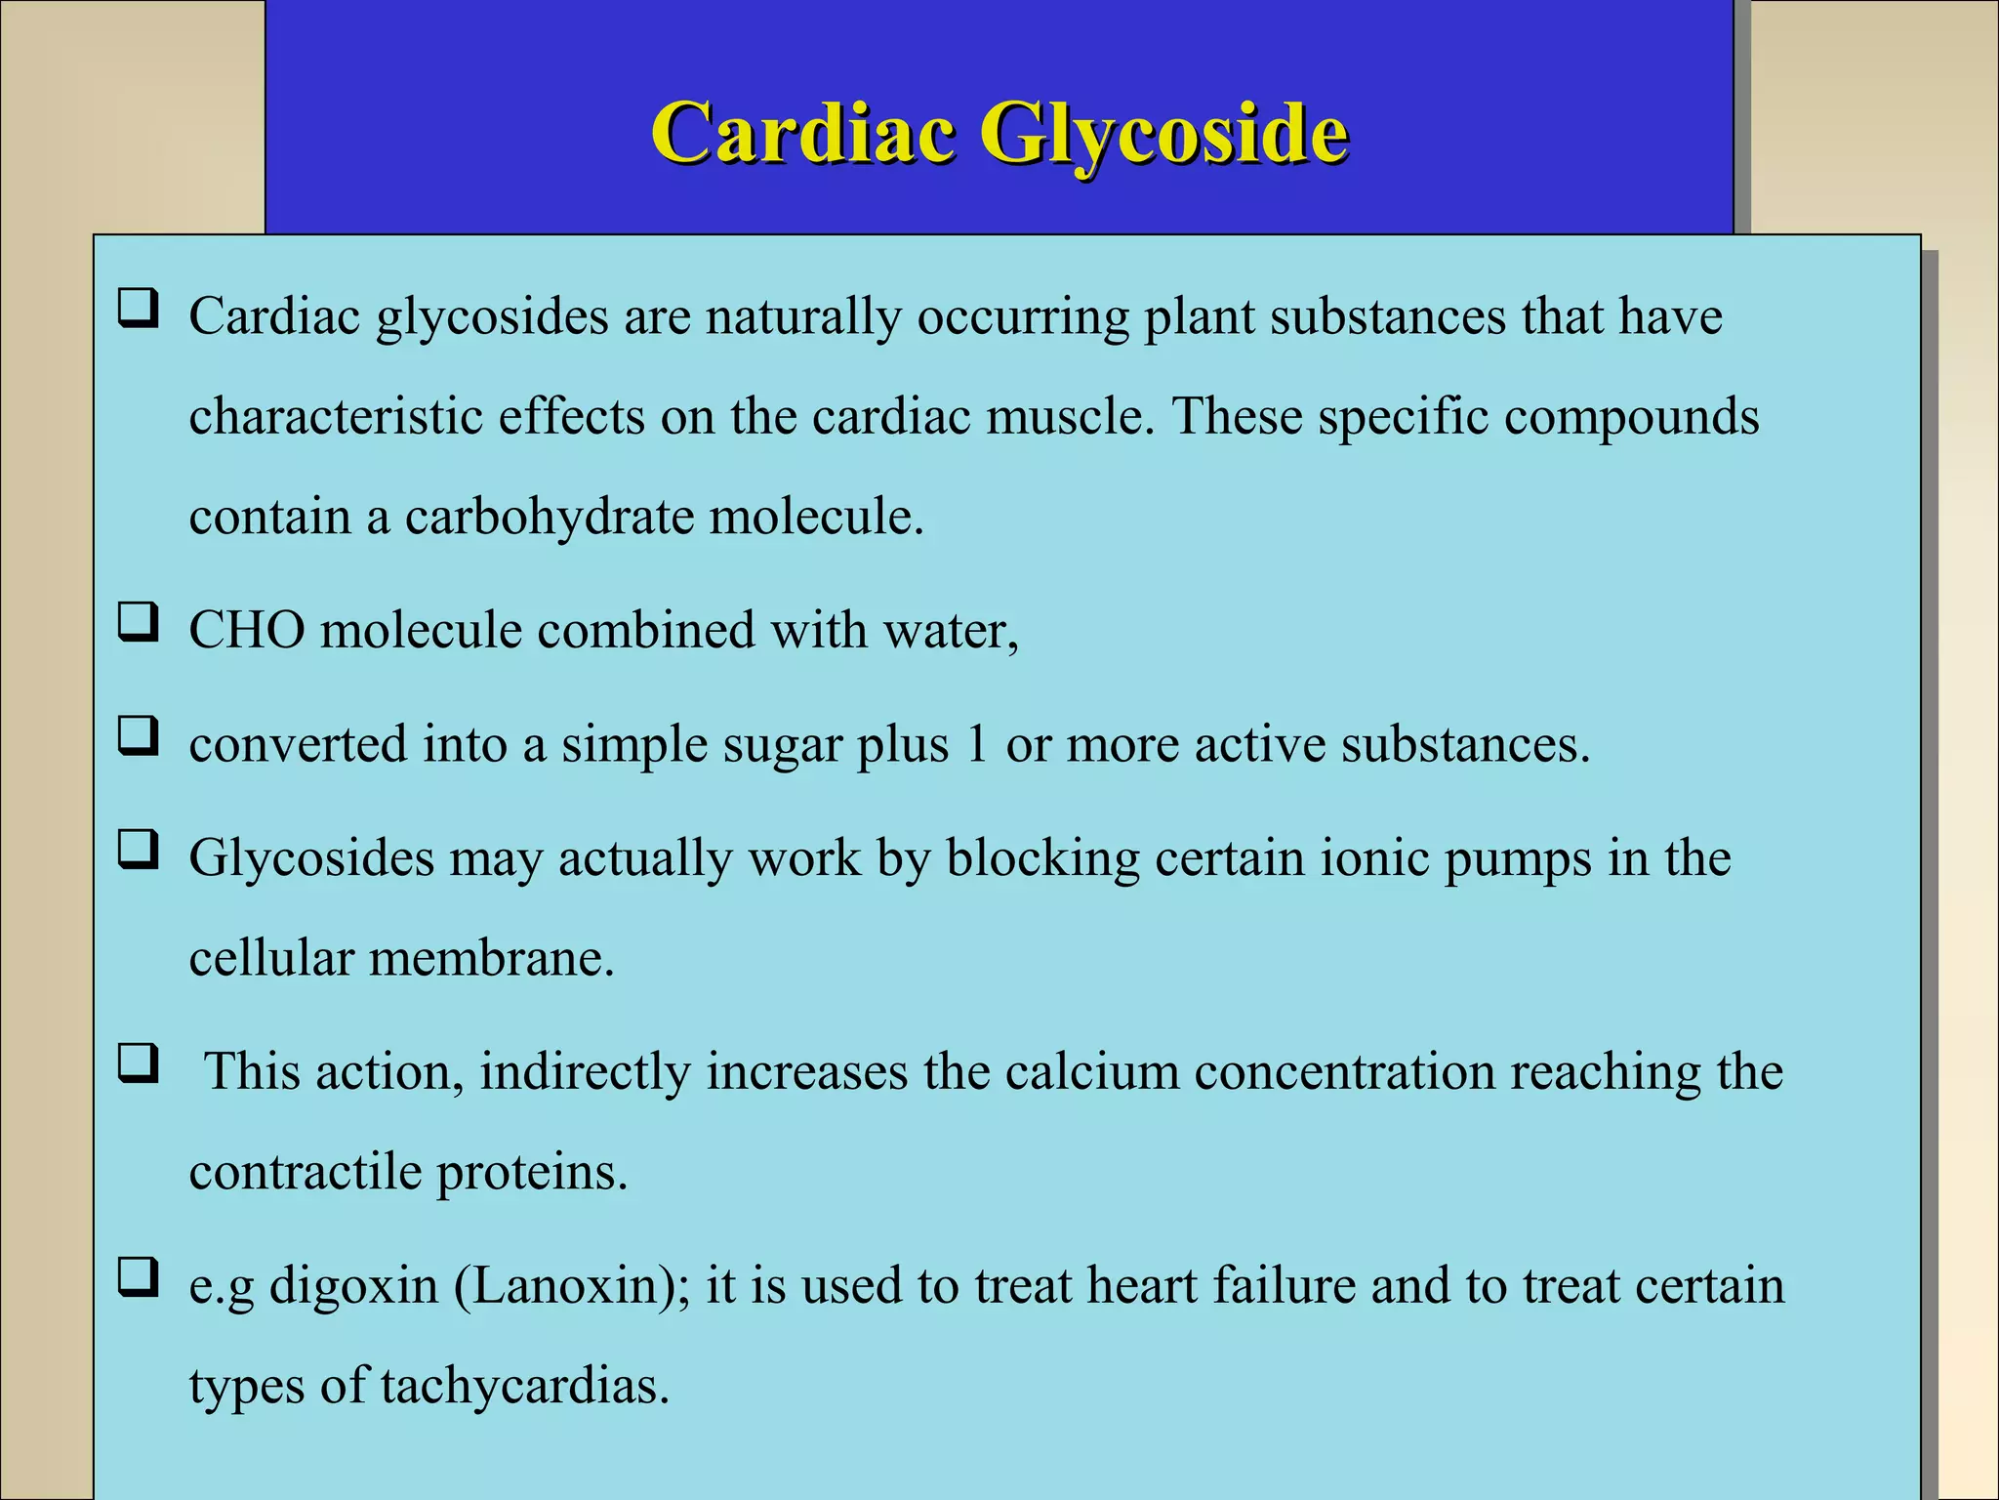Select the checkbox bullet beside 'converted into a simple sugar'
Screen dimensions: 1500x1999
pos(138,736)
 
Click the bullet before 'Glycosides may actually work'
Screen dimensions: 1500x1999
pos(138,851)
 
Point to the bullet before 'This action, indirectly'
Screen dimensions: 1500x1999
pos(138,1063)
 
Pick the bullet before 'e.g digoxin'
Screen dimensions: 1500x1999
pos(138,1276)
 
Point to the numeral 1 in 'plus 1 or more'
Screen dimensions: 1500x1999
pos(976,744)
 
